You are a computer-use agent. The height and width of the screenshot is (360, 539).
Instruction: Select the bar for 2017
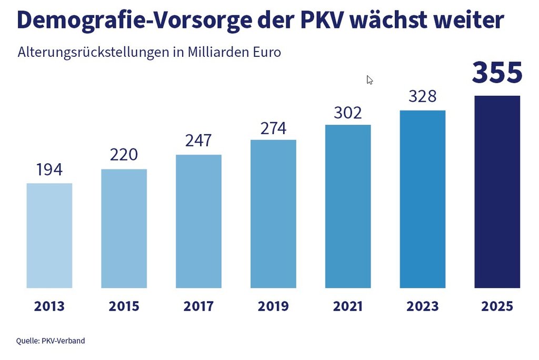click(198, 221)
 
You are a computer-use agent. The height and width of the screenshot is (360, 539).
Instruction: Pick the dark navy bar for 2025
click(497, 192)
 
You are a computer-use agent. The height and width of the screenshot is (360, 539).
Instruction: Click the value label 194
click(49, 170)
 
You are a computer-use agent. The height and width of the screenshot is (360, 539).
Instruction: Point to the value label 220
click(124, 155)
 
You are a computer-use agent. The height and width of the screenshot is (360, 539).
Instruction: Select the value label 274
click(273, 128)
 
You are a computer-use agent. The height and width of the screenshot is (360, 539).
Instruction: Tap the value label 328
click(423, 97)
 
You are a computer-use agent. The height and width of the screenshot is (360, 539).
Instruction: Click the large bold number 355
click(497, 73)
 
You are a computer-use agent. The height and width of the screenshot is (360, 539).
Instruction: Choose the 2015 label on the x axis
click(124, 306)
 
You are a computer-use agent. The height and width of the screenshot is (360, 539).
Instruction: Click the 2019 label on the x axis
click(273, 306)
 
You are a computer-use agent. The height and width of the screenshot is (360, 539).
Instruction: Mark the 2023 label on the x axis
click(423, 306)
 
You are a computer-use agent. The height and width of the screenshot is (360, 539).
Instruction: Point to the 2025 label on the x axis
click(497, 306)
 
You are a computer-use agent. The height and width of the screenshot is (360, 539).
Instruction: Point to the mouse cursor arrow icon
click(370, 79)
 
